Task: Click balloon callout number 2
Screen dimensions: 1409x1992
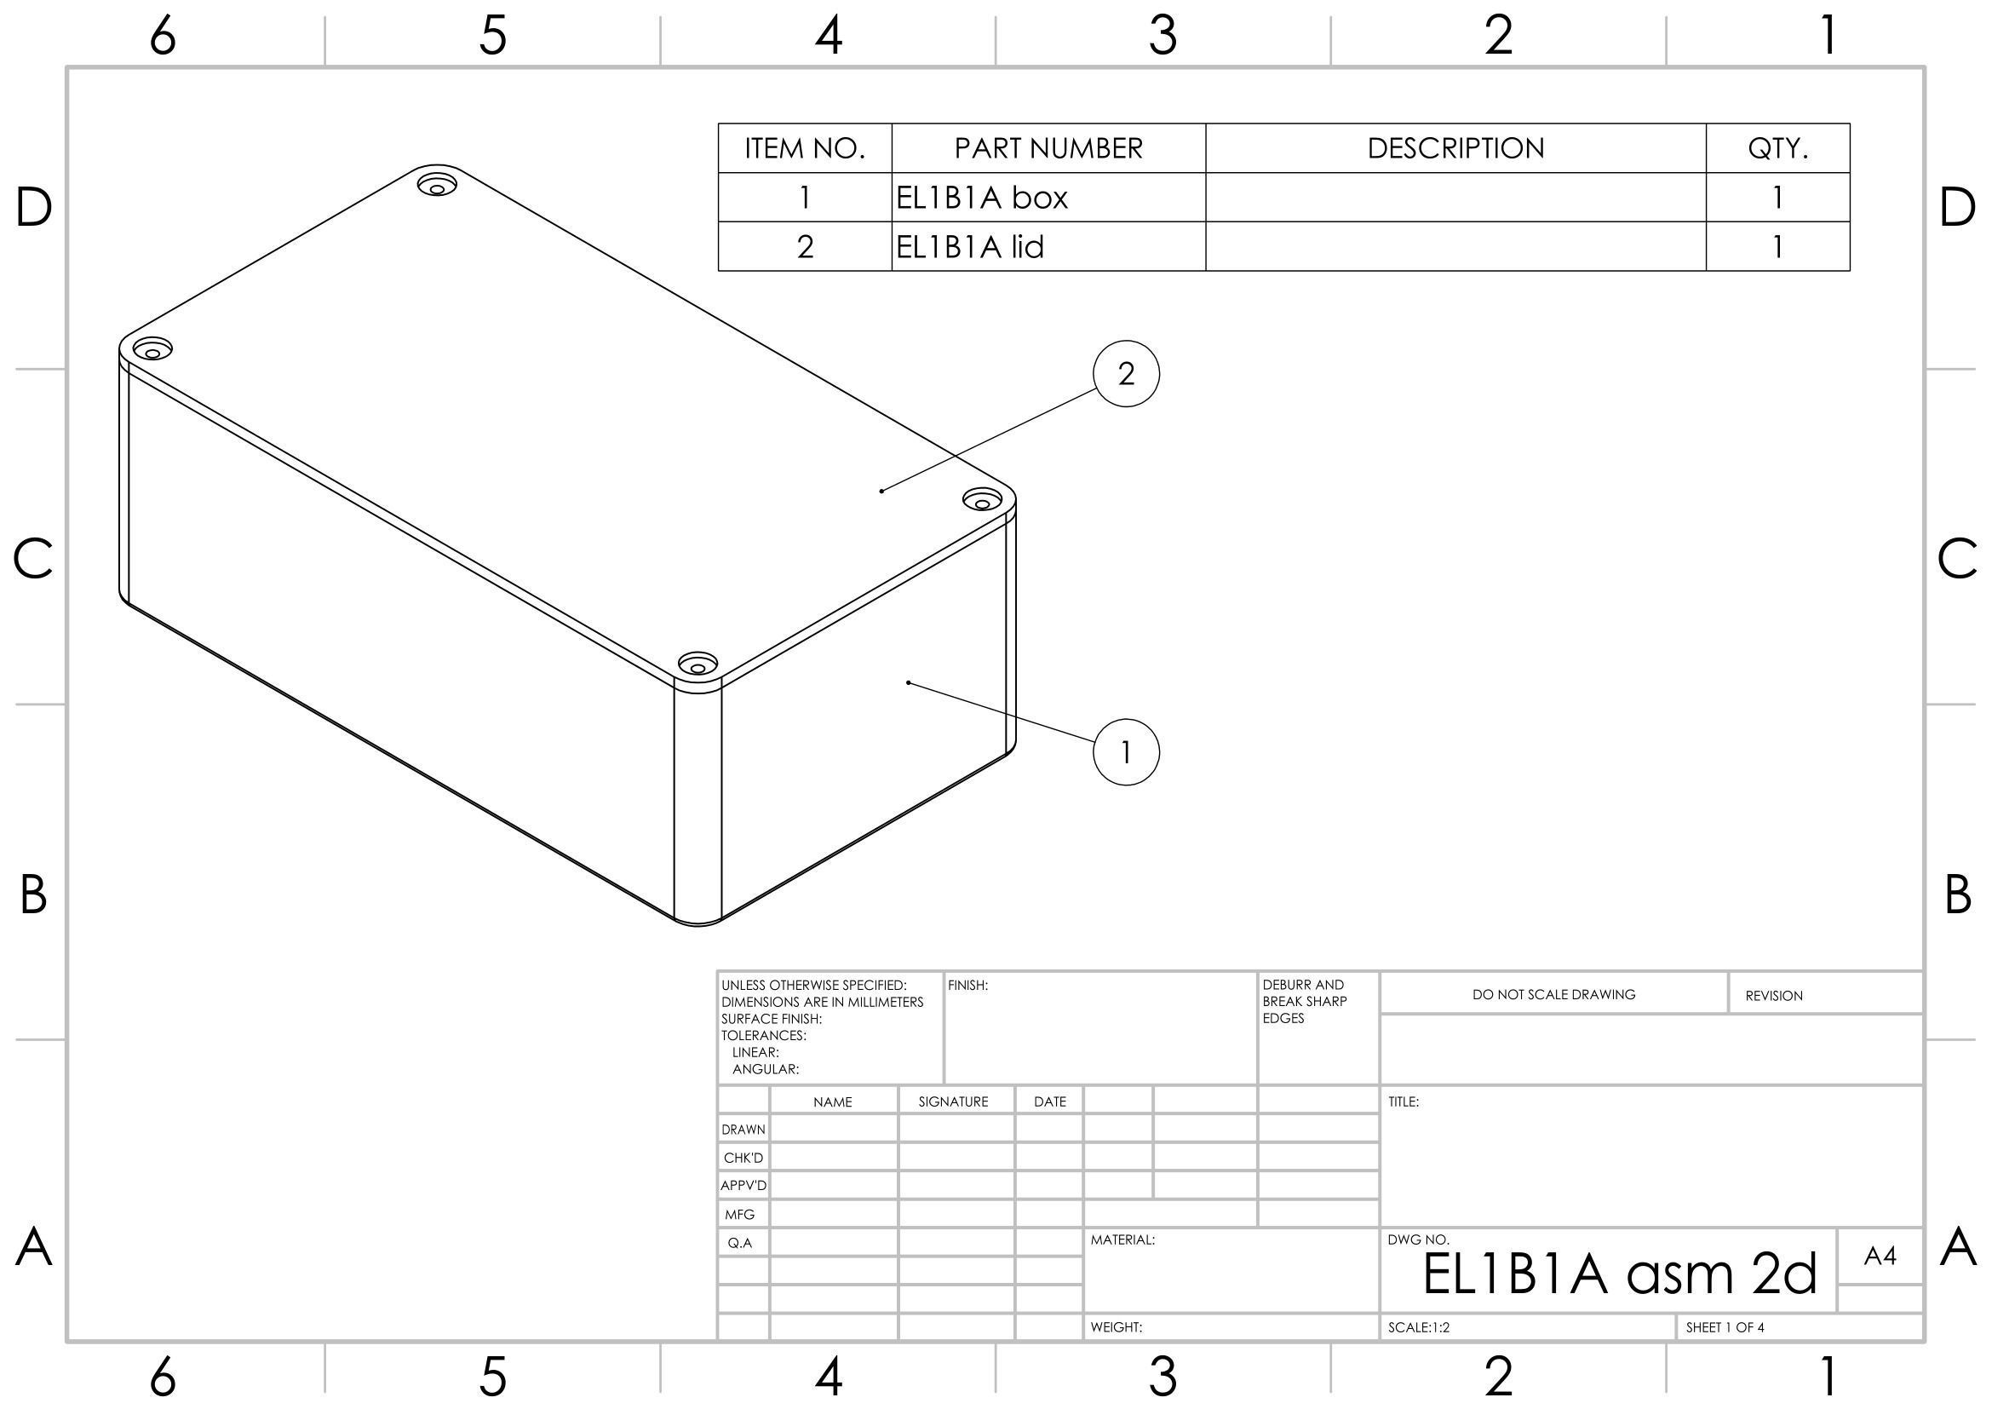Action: click(1126, 374)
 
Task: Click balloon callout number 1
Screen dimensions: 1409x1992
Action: click(1126, 752)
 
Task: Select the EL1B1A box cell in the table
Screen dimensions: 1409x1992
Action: click(981, 198)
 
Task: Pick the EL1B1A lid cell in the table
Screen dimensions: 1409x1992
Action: click(969, 247)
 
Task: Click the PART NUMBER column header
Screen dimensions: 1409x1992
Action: click(1048, 148)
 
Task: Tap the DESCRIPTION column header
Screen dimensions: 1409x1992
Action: click(1455, 148)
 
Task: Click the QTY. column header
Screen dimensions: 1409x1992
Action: click(1777, 148)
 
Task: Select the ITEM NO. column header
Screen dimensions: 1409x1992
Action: click(804, 148)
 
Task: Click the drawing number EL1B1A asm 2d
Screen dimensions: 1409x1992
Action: click(1619, 1274)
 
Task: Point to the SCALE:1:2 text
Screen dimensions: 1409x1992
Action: click(1419, 1327)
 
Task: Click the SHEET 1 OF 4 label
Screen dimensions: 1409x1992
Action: click(1725, 1327)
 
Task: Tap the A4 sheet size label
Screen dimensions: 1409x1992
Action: click(1880, 1256)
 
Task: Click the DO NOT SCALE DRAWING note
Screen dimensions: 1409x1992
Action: click(1553, 994)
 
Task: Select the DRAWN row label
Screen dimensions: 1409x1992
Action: click(743, 1130)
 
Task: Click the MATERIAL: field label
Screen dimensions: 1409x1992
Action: click(1122, 1239)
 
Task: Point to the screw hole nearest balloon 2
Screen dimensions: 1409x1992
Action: click(982, 501)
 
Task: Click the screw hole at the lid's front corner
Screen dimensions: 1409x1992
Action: click(697, 665)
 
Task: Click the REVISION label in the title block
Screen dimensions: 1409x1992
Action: click(1773, 995)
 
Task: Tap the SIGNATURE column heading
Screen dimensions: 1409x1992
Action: click(953, 1101)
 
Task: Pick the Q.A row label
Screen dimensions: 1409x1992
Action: click(739, 1242)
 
